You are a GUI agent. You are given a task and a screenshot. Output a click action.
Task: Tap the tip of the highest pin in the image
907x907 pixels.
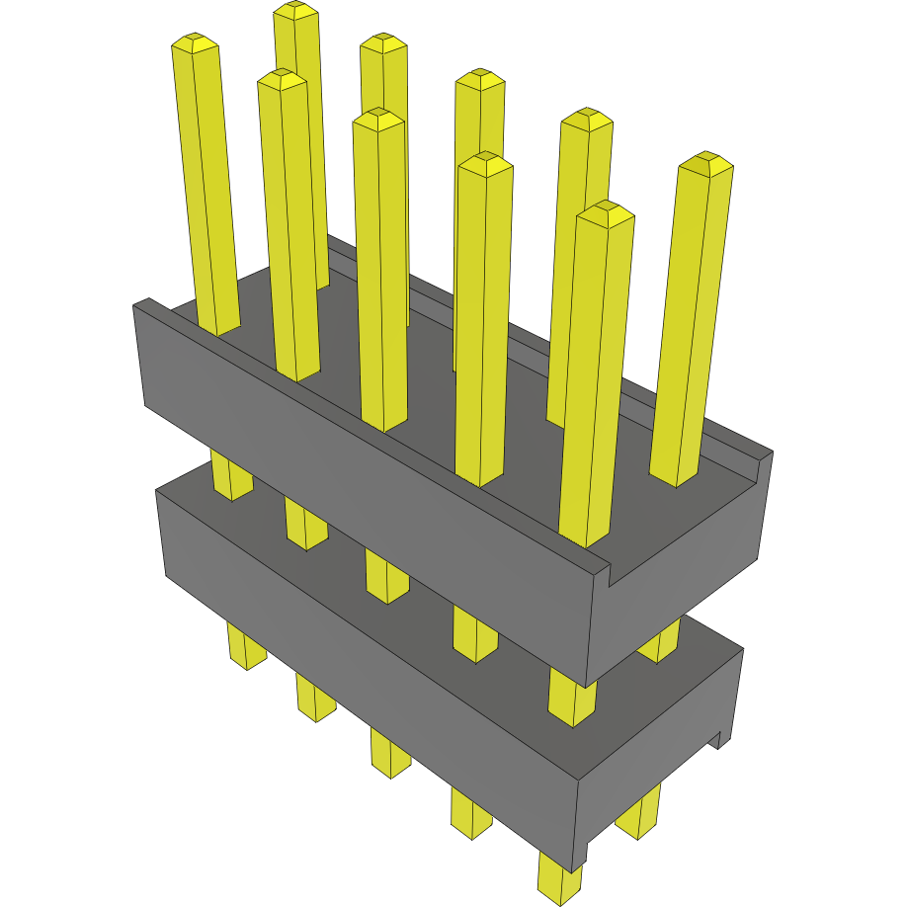click(296, 10)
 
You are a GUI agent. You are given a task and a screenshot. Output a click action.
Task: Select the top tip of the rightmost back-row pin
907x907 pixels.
click(705, 163)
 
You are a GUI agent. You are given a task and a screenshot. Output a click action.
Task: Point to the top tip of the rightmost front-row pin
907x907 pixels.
click(605, 211)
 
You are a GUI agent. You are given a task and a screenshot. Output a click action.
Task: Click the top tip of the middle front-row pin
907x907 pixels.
click(378, 119)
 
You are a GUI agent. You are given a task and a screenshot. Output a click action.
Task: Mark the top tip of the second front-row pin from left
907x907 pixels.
click(282, 79)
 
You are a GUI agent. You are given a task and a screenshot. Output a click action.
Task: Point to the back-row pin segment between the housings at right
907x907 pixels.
click(660, 642)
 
